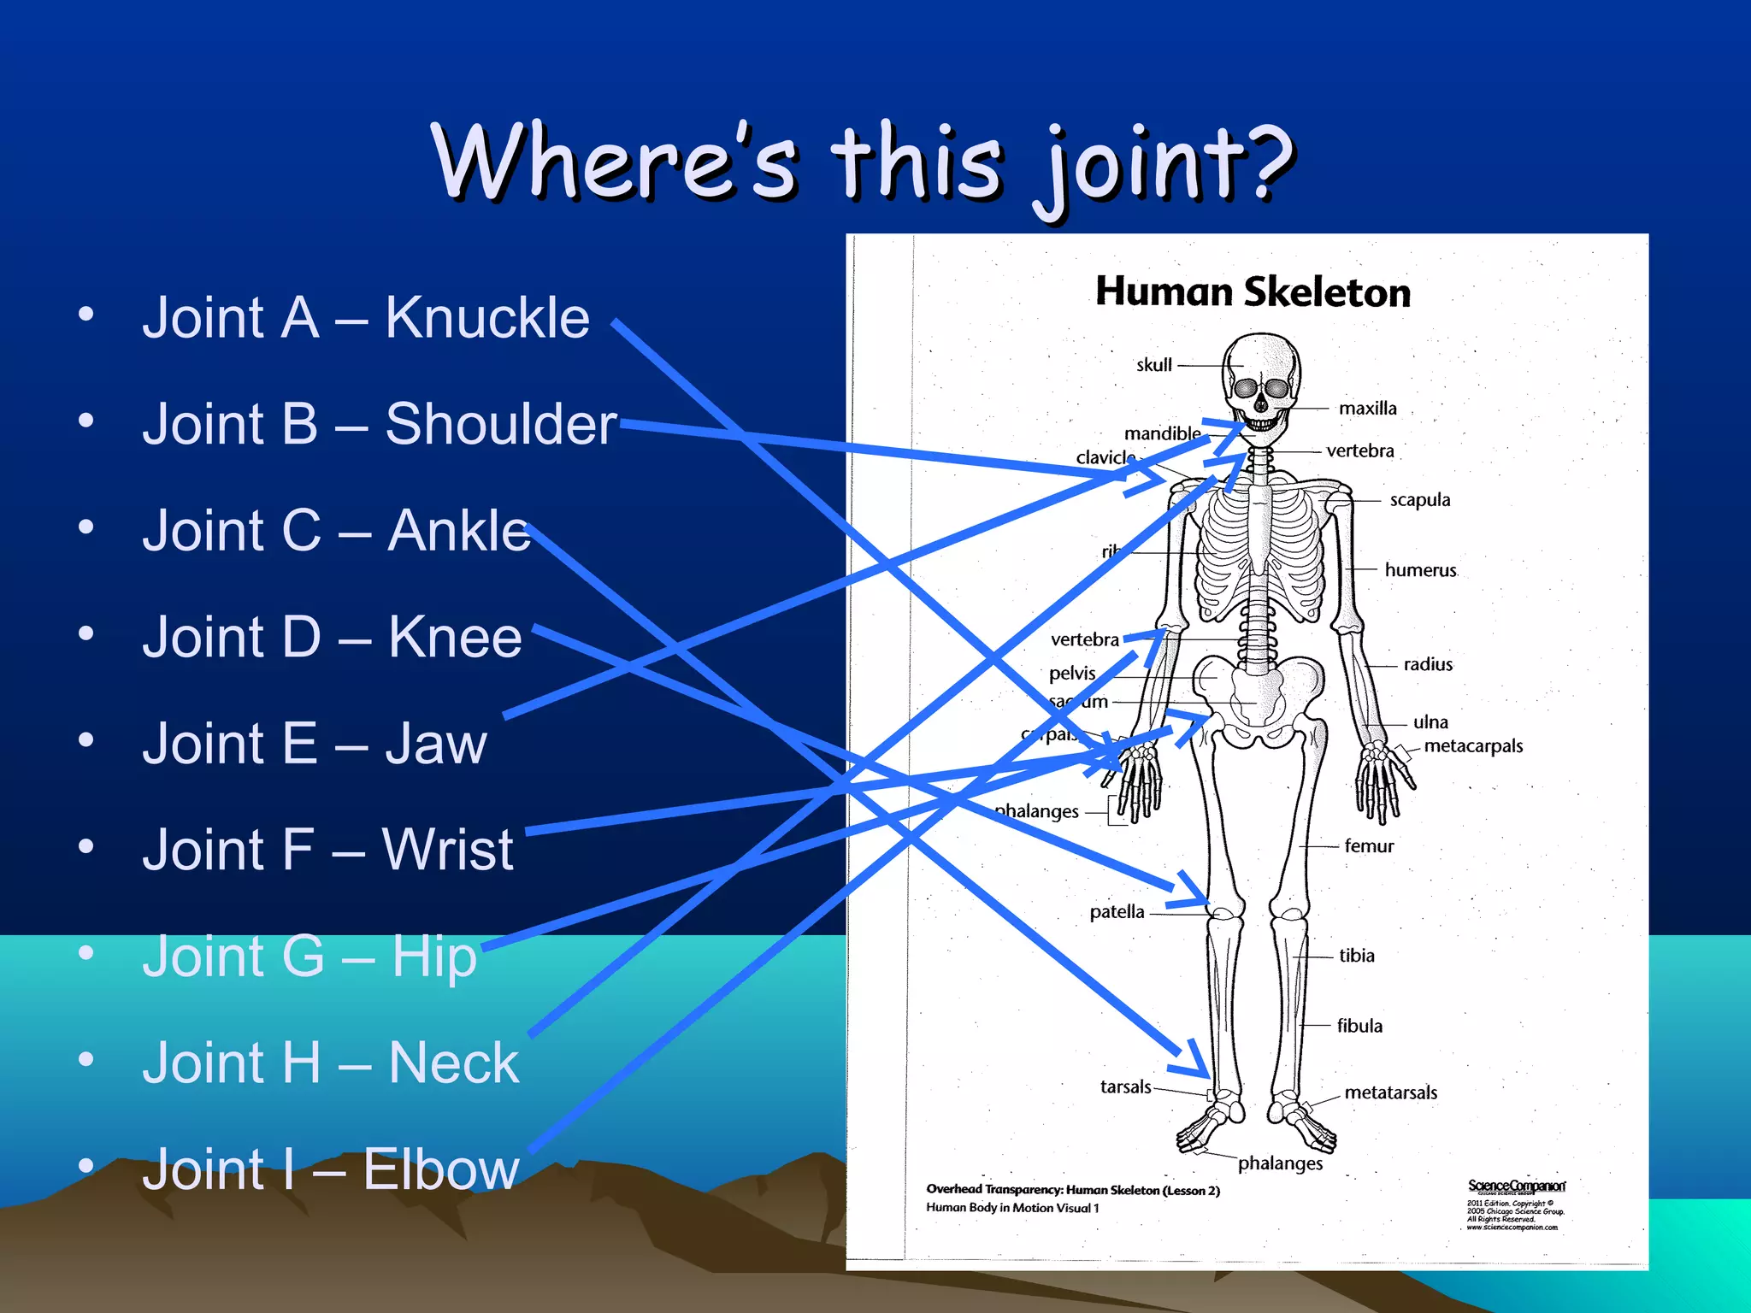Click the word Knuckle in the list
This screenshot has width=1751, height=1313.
[486, 318]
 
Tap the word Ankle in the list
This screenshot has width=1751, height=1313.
[458, 531]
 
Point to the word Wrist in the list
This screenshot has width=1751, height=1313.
[447, 850]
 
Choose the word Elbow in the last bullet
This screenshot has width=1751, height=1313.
[440, 1169]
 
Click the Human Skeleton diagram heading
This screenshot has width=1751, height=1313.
[1253, 292]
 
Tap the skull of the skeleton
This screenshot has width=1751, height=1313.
[1261, 376]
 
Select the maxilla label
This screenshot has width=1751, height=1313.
[1367, 409]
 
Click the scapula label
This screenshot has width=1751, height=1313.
[1419, 500]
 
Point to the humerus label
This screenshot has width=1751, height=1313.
[1420, 570]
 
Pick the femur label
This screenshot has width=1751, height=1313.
[1368, 846]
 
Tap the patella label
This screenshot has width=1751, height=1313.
[1117, 912]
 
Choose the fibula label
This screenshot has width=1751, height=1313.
[1359, 1026]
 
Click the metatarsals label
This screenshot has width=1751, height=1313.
[1390, 1092]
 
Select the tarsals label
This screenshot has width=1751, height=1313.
[1125, 1087]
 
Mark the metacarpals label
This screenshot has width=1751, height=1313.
[1473, 746]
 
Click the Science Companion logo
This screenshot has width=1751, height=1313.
[1516, 1186]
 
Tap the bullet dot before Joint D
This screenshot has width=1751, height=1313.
[85, 634]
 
